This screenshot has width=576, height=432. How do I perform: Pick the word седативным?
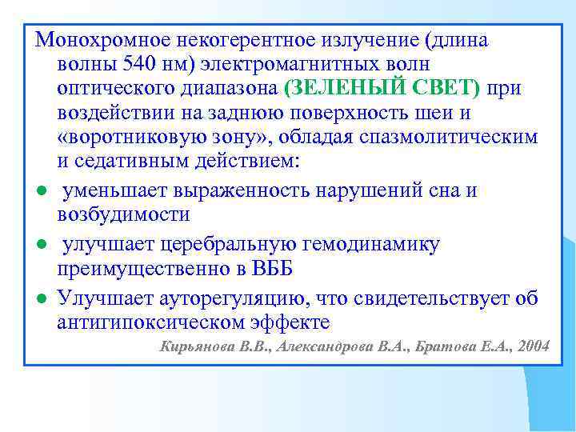point(132,161)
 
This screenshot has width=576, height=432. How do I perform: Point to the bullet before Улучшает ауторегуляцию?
point(39,299)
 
